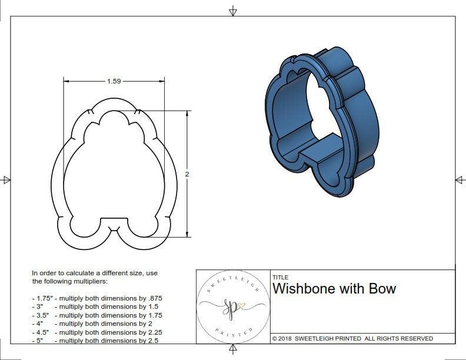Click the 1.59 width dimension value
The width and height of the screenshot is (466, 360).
point(114,81)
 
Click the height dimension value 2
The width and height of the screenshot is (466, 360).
point(187,174)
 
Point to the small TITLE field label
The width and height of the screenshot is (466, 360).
point(279,278)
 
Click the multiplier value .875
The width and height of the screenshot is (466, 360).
point(153,298)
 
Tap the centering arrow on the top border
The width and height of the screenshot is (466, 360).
point(233,11)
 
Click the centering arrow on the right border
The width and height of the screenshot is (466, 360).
point(459,179)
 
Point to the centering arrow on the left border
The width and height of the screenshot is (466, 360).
point(6,179)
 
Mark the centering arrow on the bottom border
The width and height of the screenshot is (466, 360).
point(233,351)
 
